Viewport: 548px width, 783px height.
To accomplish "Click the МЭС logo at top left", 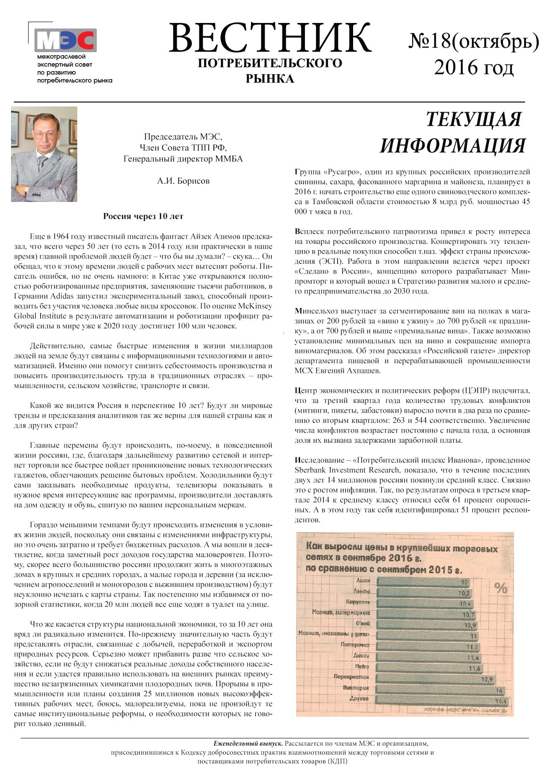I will [65, 41].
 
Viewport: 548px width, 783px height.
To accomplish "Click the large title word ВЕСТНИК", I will [269, 38].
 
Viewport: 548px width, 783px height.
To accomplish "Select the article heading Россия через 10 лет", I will [143, 216].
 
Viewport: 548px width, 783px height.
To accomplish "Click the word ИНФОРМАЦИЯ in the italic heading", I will [453, 145].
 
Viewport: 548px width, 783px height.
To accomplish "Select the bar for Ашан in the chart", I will [420, 582].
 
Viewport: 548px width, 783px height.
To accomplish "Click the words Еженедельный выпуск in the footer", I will [248, 743].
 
